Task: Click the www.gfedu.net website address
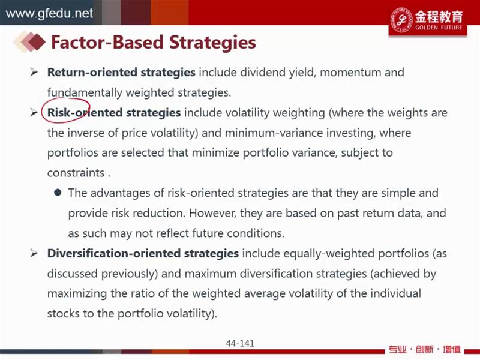point(49,13)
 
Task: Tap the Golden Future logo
point(428,20)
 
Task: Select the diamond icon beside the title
point(29,41)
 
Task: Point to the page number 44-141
point(240,343)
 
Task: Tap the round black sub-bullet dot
point(58,193)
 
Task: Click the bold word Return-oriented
point(92,72)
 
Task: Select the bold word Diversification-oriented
point(113,253)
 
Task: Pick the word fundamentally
point(85,92)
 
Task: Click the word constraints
point(76,173)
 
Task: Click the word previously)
point(130,274)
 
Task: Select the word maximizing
point(77,294)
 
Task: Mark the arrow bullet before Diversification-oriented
point(34,253)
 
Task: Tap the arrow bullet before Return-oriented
point(34,72)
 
